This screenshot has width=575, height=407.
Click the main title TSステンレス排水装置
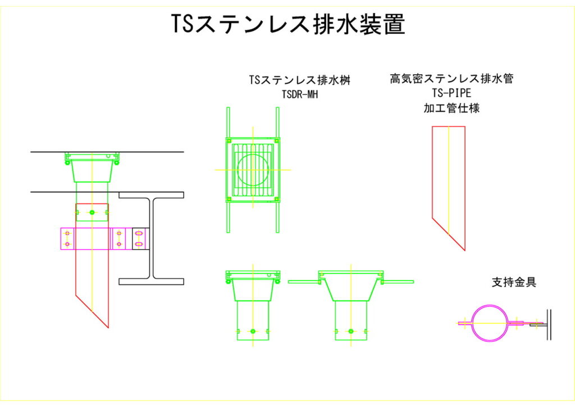coord(287,25)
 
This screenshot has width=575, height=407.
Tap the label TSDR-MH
coord(299,94)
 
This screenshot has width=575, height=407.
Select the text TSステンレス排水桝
coord(299,81)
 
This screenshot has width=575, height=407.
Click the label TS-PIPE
coord(451,93)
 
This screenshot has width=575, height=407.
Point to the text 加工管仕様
coord(451,108)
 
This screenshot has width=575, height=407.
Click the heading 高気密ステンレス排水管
coord(451,79)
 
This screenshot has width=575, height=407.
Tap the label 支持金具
coord(514,282)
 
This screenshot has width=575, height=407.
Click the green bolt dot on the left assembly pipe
coord(92,212)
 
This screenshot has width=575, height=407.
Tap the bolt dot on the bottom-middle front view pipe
coord(253,331)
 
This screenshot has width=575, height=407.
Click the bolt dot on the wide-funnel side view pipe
coord(351,331)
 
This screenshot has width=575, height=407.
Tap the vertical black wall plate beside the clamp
coord(549,324)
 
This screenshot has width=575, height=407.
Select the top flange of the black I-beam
coord(151,195)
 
